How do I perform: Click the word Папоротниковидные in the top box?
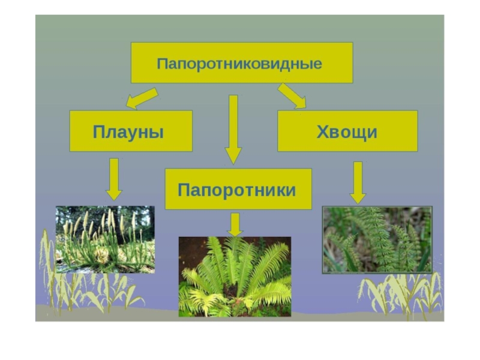coord(239,63)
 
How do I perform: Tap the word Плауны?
coord(128,131)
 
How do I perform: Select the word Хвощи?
coord(347,131)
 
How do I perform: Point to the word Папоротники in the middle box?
coord(237,190)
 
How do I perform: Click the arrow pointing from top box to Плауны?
coord(142,98)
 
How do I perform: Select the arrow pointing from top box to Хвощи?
coord(292,96)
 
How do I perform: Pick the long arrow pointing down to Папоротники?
coord(233,129)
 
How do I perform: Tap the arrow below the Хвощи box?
coord(358,182)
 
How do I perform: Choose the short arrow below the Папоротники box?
coord(235,224)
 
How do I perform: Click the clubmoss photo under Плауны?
coord(105,239)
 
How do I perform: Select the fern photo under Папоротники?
coord(235,276)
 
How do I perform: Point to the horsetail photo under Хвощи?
coord(377,240)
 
